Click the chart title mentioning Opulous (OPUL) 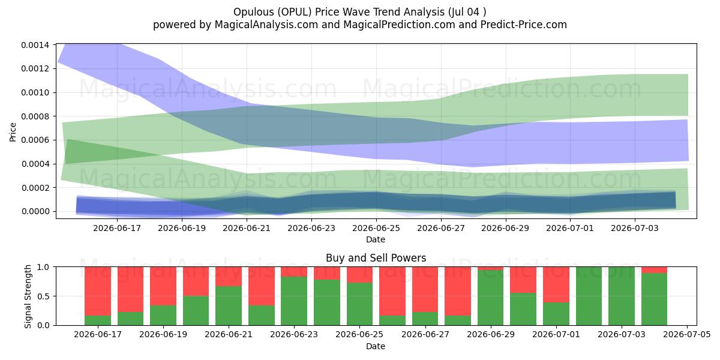coord(359,12)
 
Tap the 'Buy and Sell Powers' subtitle coord(376,258)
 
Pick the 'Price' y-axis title coord(13,132)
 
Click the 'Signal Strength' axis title coord(28,296)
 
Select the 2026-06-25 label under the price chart coord(376,228)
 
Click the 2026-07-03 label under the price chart coord(635,228)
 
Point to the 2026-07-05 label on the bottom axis coord(687,335)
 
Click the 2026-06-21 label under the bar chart coord(229,335)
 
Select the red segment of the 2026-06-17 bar coord(98,291)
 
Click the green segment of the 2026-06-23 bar coord(294,301)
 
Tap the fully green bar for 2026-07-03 coord(622,296)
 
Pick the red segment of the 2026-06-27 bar coord(425,289)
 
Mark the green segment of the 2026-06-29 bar coord(491,298)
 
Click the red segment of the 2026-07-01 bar coord(556,284)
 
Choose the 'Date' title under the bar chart coord(376,346)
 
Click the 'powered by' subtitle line coord(359,25)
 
